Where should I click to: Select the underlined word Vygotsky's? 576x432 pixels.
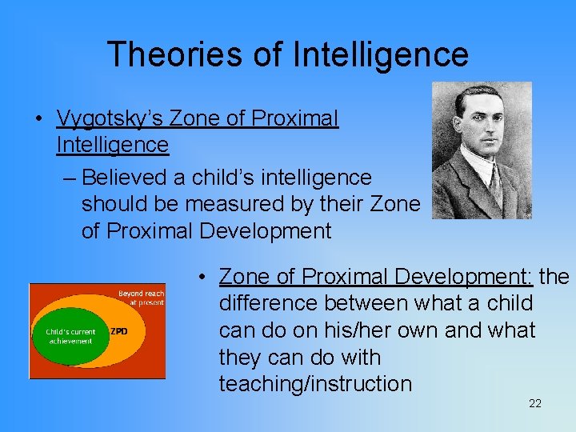pyautogui.click(x=110, y=118)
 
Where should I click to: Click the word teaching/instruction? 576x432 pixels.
pyautogui.click(x=315, y=383)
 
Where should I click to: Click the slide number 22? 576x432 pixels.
pyautogui.click(x=535, y=404)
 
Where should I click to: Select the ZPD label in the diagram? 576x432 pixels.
pyautogui.click(x=118, y=331)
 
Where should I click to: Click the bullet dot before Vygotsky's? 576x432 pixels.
pyautogui.click(x=39, y=119)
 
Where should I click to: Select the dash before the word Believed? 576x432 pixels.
pyautogui.click(x=69, y=178)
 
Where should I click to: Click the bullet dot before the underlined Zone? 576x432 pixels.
pyautogui.click(x=205, y=278)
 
